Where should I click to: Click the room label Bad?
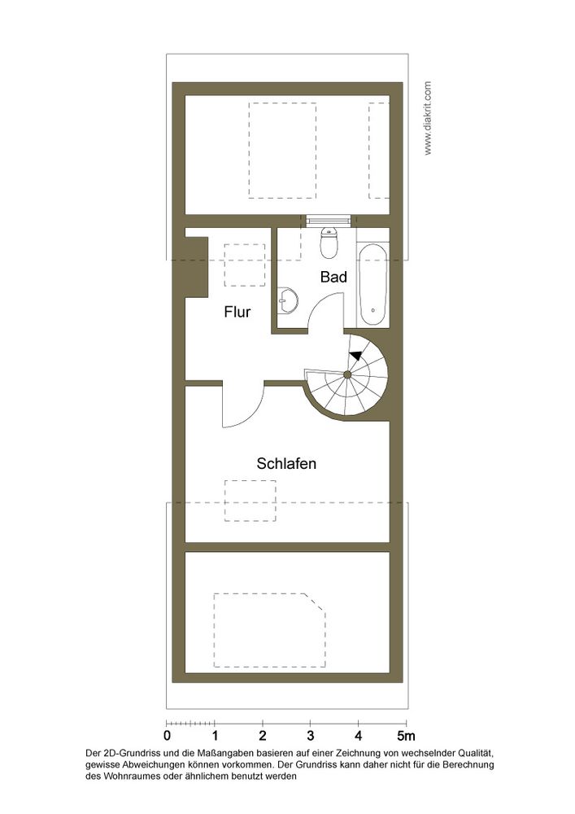pos(333,277)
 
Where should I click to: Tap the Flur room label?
pos(237,312)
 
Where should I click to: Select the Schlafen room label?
pos(286,463)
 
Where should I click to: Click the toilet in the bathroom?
pos(329,243)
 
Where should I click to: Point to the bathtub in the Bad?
pos(372,284)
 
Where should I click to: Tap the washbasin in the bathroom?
pos(287,300)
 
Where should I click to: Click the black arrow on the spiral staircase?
pos(356,355)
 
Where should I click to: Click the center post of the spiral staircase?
pos(347,374)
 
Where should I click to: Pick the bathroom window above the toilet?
pos(329,221)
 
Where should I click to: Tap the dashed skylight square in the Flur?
pos(244,265)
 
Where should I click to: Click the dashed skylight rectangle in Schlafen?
pos(250,501)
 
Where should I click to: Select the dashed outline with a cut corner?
pos(270,630)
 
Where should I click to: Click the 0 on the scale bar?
pos(167,736)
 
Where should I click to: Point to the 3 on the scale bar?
pos(311,736)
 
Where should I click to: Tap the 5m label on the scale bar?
pos(406,736)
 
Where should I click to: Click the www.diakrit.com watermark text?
pos(428,118)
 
